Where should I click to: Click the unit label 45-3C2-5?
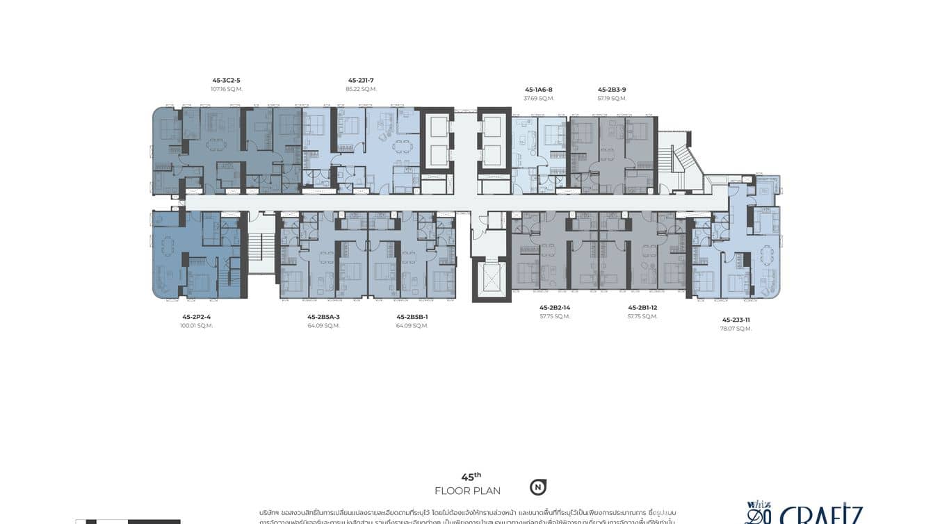(227, 80)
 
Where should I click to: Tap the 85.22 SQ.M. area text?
(361, 89)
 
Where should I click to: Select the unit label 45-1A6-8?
(538, 90)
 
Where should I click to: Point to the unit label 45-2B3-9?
(612, 90)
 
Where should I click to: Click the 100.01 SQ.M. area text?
(196, 325)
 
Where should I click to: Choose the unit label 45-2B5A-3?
(323, 317)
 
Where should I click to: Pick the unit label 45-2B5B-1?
(412, 317)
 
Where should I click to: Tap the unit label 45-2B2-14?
(554, 307)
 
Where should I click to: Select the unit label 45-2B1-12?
(642, 307)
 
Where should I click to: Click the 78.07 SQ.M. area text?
(736, 329)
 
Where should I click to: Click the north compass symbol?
(537, 487)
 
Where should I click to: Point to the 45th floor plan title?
(468, 484)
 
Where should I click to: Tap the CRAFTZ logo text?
(820, 515)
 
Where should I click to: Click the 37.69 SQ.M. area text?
(538, 99)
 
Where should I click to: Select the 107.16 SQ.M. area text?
(227, 89)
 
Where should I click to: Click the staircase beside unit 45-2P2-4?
(262, 247)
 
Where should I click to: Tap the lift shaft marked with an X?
(492, 280)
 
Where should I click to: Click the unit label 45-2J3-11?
(736, 320)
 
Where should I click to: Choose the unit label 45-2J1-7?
(361, 80)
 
